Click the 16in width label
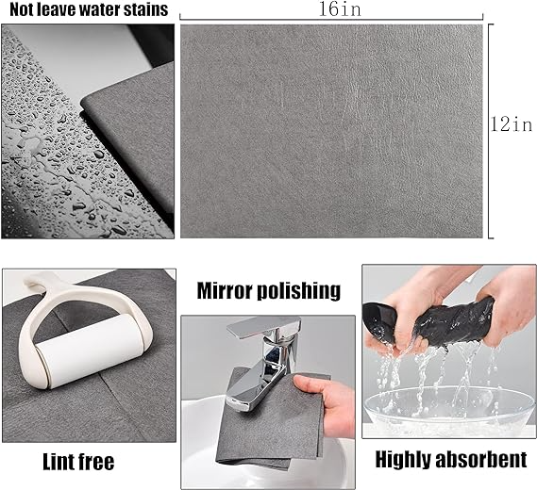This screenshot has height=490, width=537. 340,8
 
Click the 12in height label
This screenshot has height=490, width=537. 512,124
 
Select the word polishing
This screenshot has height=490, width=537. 298,292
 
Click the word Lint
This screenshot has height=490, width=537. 59,462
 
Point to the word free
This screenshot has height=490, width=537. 97,462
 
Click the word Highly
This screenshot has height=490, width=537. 401,460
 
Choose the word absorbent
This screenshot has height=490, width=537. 479,459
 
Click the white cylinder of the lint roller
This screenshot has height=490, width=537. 90,352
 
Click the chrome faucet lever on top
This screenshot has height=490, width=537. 263,328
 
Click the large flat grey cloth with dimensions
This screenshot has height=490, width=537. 331,131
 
